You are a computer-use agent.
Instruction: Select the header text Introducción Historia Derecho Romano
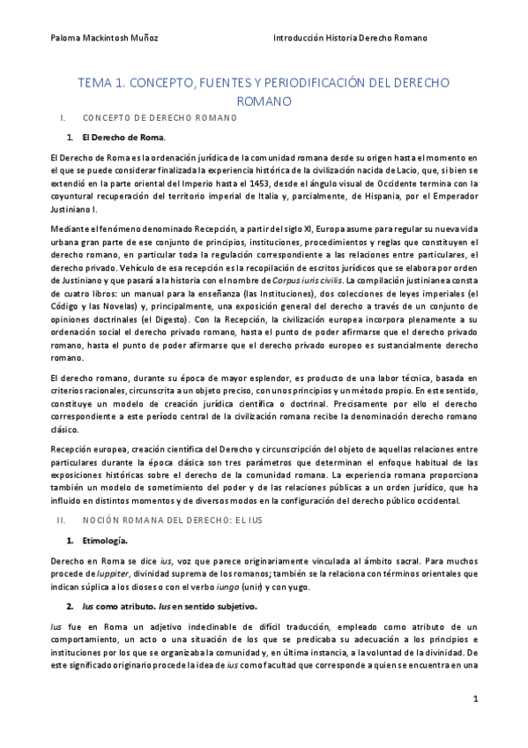(x=350, y=38)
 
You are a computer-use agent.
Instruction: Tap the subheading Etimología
(x=104, y=539)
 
